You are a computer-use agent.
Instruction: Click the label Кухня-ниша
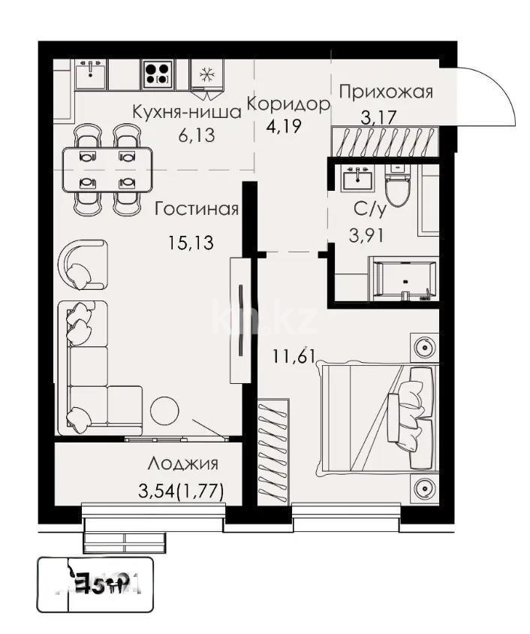click(186, 112)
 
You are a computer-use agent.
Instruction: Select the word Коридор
click(288, 104)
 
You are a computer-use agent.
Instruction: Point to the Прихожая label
click(386, 92)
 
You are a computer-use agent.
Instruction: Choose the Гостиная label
click(196, 209)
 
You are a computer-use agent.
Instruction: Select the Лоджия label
click(183, 463)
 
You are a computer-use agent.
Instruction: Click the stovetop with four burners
click(156, 74)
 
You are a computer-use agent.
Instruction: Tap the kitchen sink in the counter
click(91, 72)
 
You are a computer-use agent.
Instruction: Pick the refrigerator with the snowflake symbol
click(205, 75)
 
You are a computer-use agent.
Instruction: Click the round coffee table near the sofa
click(164, 411)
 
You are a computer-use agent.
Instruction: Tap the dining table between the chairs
click(107, 170)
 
